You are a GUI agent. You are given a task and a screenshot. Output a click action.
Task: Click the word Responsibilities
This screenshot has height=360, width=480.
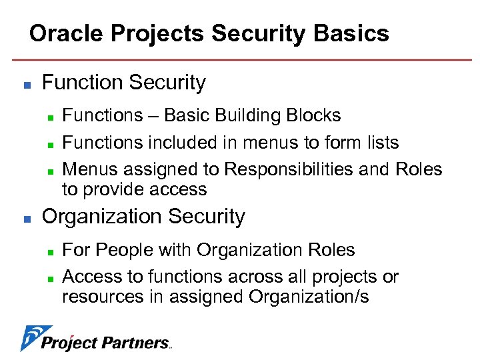289,169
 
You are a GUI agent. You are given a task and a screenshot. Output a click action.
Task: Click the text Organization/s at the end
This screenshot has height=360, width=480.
308,297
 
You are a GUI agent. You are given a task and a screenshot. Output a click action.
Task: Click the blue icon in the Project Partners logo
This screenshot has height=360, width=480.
30,338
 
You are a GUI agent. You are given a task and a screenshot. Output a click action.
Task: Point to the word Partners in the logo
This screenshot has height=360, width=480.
137,343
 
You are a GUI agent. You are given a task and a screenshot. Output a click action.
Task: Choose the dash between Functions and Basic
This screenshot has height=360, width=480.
153,116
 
